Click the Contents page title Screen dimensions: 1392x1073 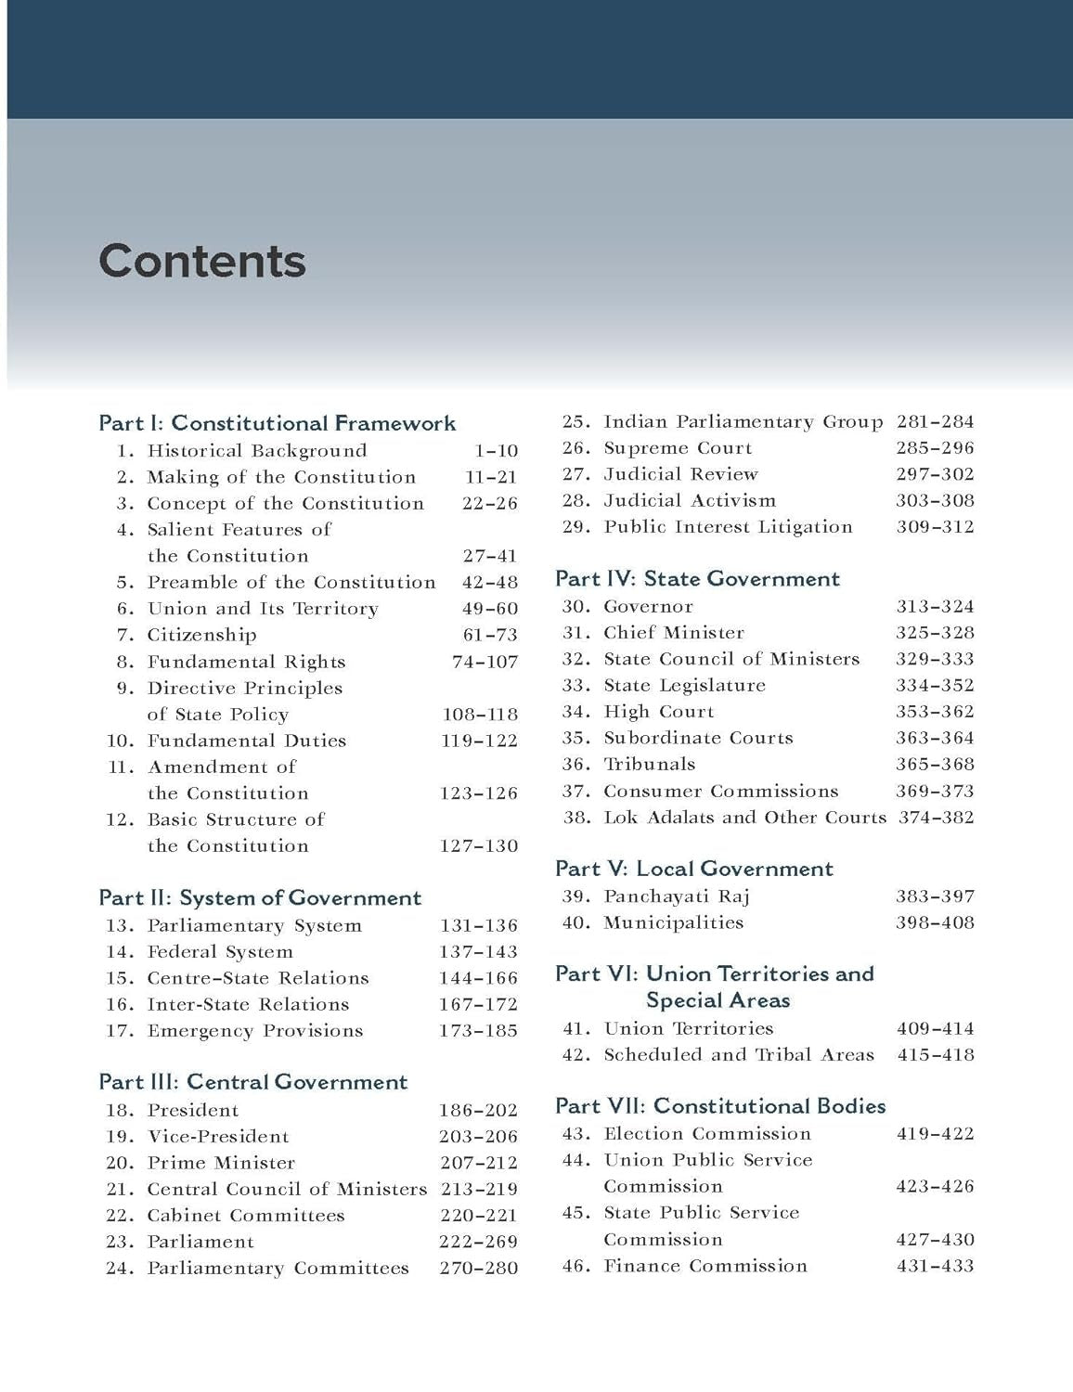pos(202,261)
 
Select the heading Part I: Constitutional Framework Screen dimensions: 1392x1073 pos(277,423)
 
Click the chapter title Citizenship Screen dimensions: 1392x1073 pos(201,635)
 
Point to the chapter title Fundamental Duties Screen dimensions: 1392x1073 pos(246,741)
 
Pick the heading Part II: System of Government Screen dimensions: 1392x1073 pos(260,898)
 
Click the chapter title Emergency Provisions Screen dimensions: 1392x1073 pos(255,1030)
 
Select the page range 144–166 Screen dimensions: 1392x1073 pos(478,978)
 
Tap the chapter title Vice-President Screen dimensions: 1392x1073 pos(218,1136)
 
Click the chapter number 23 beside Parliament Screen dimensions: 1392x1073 pos(120,1242)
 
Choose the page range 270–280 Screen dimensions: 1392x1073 pos(478,1268)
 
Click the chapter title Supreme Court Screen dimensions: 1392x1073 pos(678,447)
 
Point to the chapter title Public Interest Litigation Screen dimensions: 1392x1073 pos(728,526)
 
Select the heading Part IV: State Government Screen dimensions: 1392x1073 pos(697,579)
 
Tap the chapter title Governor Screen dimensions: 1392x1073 pos(648,606)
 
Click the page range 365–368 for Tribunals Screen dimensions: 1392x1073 pos(935,764)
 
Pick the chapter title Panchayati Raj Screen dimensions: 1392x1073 pos(676,896)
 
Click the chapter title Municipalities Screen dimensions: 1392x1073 pos(673,922)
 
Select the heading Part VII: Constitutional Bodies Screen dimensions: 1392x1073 pos(720,1106)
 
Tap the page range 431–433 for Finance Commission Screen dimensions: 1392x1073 pos(935,1266)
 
